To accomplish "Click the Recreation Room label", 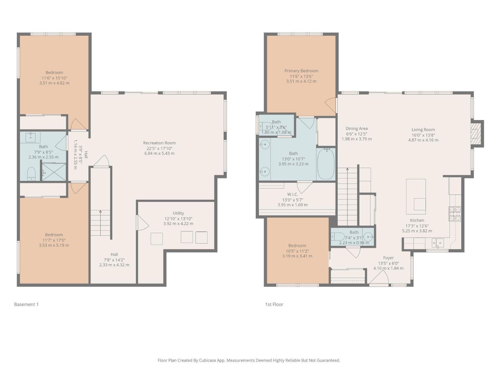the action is point(159,143).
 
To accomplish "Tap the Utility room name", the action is point(178,213).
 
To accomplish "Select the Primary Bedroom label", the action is point(301,71).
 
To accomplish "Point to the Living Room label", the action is point(423,130).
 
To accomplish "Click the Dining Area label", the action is point(357,129).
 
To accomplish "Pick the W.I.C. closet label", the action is point(293,194).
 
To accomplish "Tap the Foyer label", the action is point(388,258).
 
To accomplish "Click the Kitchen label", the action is point(417,220).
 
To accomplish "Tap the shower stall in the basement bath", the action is point(54,172).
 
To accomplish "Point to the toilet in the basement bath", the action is point(31,174).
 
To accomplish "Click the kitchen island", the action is point(416,196).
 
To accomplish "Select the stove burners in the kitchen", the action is point(455,214).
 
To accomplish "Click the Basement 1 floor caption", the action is point(26,304).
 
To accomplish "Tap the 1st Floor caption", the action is point(274,304).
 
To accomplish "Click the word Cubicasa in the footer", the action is point(208,360).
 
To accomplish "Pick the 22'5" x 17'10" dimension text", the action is point(159,148).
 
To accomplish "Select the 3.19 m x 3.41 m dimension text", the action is point(297,256).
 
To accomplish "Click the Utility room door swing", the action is point(142,223).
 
